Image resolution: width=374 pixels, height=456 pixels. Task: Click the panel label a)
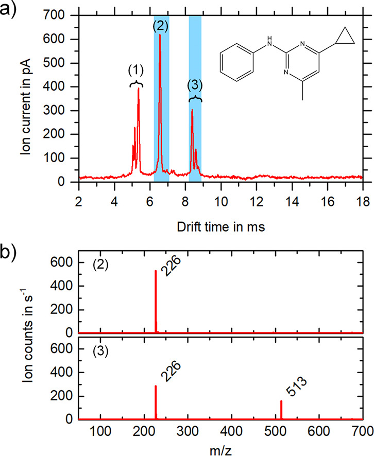tap(11, 10)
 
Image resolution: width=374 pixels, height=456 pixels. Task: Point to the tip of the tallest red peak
tap(160, 35)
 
